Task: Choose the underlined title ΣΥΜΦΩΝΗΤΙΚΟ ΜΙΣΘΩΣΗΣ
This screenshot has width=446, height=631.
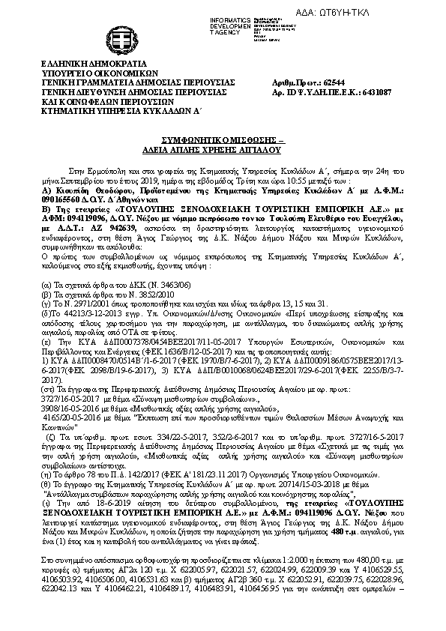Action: pos(222,140)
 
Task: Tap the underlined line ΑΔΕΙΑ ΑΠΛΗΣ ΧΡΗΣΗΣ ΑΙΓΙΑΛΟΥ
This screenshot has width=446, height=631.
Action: pos(222,149)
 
